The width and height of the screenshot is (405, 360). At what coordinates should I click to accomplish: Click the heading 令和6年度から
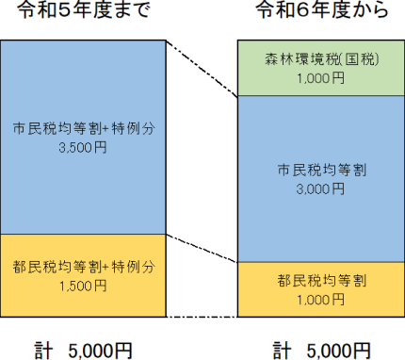[320, 13]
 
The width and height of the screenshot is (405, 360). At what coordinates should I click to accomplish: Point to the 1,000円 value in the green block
[320, 79]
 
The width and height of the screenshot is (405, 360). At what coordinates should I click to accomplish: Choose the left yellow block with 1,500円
[82, 302]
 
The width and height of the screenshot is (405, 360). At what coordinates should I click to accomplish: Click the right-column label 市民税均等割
[320, 171]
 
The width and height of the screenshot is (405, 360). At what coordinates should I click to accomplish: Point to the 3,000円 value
[320, 188]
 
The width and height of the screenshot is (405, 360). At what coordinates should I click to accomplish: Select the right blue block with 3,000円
[320, 217]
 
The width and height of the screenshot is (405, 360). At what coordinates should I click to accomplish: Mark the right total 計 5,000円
[320, 351]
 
